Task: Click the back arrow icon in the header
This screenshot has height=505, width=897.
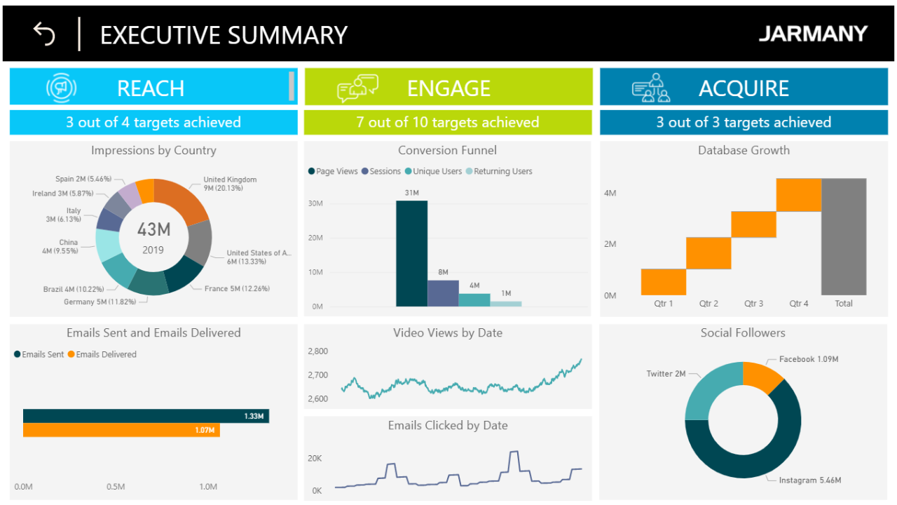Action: [x=44, y=34]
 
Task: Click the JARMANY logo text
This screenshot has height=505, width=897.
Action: [x=813, y=34]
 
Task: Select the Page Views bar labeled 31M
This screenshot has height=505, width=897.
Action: [x=411, y=253]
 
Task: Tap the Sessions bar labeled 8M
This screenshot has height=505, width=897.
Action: [x=443, y=293]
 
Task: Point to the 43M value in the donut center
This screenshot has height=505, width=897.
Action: [x=153, y=229]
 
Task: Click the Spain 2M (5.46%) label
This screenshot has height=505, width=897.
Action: [x=83, y=180]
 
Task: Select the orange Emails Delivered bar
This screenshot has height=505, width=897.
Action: [x=121, y=430]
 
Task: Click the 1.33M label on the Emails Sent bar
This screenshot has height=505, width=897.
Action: [x=254, y=417]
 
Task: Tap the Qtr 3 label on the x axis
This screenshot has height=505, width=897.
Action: [x=753, y=304]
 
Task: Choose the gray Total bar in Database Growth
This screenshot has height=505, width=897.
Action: [x=844, y=236]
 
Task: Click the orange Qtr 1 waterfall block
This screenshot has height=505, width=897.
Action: [x=663, y=281]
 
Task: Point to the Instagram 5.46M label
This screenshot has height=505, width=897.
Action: [x=809, y=480]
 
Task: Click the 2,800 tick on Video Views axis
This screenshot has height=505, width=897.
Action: [x=317, y=351]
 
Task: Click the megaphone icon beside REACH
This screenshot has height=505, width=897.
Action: [x=62, y=88]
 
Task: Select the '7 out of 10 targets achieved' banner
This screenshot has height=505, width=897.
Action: [x=447, y=122]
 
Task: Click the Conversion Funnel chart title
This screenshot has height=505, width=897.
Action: [x=447, y=150]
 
